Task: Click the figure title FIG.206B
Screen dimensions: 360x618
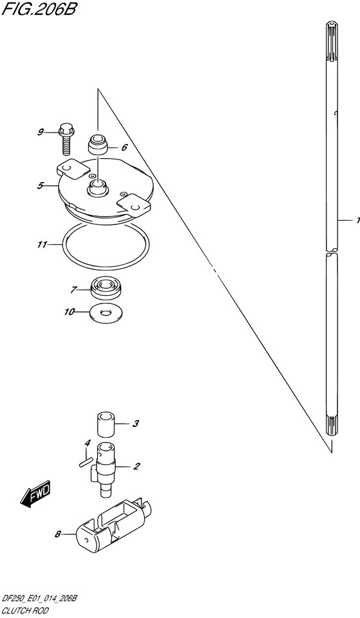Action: pos(38,8)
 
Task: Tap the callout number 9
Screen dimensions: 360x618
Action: pos(40,132)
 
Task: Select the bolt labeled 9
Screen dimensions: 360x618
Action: pos(66,139)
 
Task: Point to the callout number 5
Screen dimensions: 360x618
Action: pos(40,185)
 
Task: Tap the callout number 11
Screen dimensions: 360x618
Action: pos(42,245)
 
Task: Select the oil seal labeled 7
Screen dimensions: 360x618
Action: pos(107,288)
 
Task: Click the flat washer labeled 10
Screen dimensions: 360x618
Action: pos(106,313)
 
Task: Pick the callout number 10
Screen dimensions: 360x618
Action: pos(69,312)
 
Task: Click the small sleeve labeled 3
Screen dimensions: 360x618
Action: pos(105,424)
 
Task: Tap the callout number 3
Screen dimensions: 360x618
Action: pos(135,424)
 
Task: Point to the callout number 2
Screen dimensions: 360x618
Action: pos(136,467)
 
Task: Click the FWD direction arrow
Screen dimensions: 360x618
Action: pos(35,493)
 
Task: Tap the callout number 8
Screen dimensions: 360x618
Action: pos(57,534)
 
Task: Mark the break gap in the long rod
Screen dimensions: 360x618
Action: pos(332,252)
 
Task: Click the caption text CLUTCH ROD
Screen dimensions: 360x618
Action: pos(25,611)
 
